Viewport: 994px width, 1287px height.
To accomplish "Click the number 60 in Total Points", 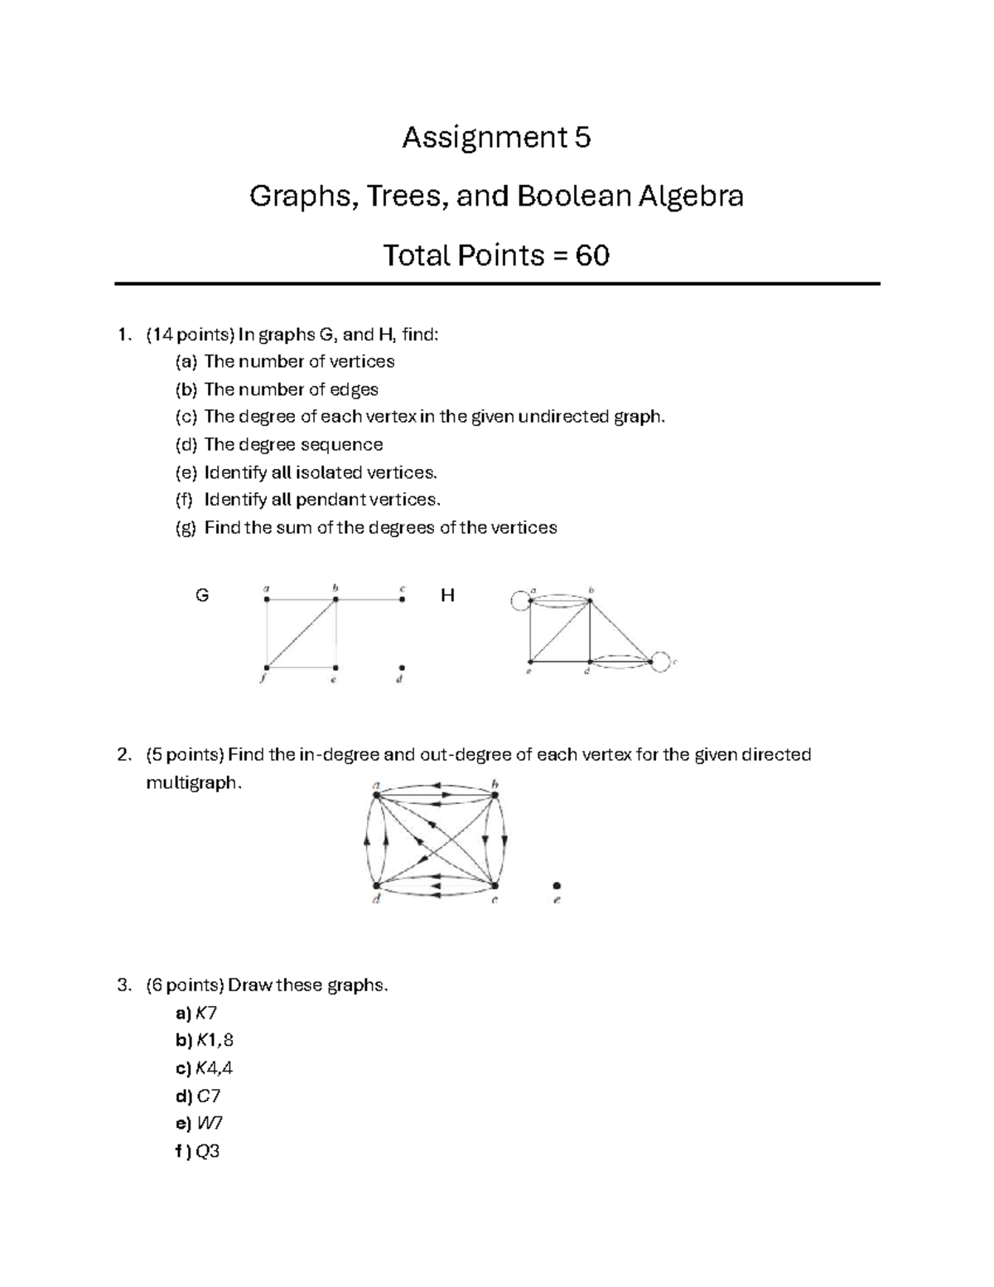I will [x=592, y=255].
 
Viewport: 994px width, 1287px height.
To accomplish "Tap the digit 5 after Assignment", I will [x=582, y=137].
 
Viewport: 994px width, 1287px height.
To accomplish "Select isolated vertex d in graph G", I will [x=402, y=667].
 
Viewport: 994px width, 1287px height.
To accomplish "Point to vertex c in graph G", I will [x=402, y=599].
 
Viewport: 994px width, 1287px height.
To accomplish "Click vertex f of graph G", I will [x=267, y=667].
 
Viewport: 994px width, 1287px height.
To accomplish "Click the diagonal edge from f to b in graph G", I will [x=302, y=633].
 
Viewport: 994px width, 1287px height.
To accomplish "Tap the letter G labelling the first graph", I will [x=201, y=595].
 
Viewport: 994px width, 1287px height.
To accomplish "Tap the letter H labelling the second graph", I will [x=447, y=595].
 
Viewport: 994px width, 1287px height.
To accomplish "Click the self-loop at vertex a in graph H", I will [x=520, y=598].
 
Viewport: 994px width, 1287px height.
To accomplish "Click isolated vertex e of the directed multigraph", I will [x=557, y=886].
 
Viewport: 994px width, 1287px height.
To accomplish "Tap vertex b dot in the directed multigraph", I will [x=495, y=796].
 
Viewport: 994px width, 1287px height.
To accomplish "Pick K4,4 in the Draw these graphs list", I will [x=214, y=1068].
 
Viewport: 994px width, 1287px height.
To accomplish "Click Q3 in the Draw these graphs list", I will [x=208, y=1151].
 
